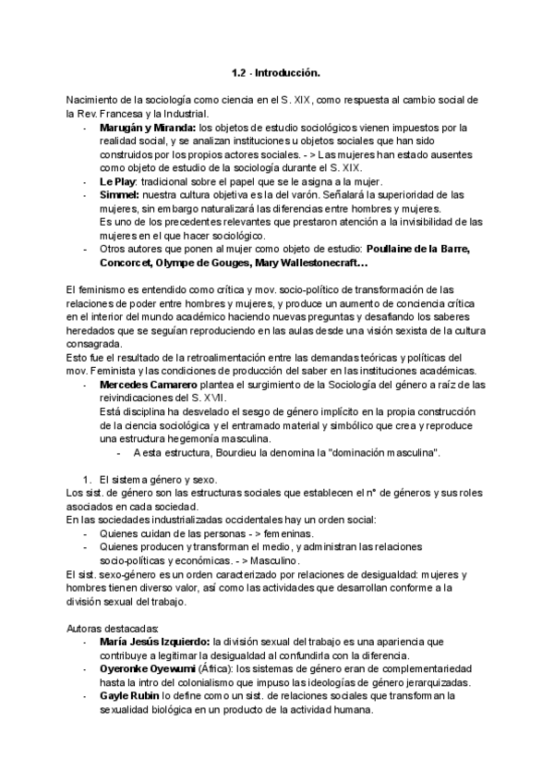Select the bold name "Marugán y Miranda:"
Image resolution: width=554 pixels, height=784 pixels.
[148, 128]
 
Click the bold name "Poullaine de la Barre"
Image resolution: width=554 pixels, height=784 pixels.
[418, 250]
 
